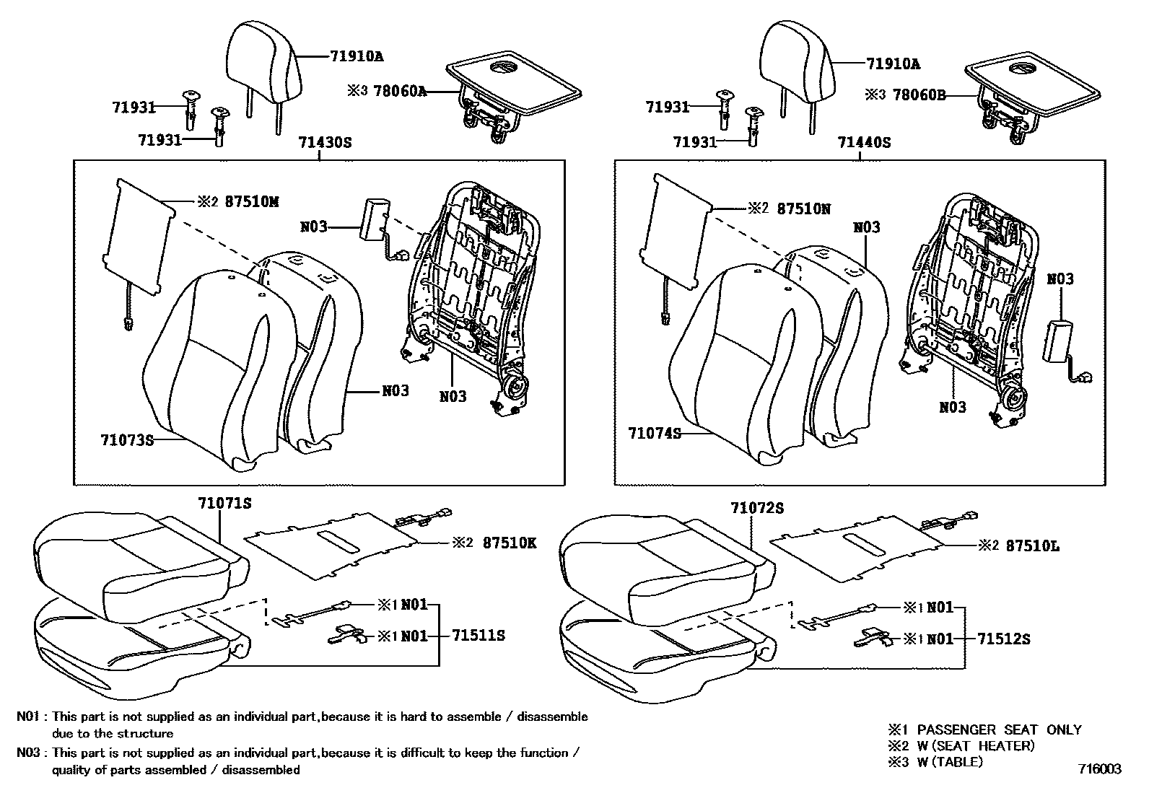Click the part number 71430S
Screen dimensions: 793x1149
[325, 143]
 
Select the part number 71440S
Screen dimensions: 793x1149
[864, 143]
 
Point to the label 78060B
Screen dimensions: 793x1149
[919, 95]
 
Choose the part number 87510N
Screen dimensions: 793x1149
[803, 209]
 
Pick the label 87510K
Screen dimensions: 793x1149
[510, 543]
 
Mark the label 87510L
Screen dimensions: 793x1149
[1032, 546]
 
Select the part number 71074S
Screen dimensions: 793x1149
[655, 433]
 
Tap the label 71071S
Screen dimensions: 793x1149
[224, 504]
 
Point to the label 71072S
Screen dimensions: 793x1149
[756, 509]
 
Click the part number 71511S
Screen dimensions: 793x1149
[479, 636]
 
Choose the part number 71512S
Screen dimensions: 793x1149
[1004, 639]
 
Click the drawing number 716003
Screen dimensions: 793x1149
[1100, 769]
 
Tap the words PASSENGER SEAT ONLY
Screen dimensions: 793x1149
[999, 730]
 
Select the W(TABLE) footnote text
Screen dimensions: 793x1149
[950, 762]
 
